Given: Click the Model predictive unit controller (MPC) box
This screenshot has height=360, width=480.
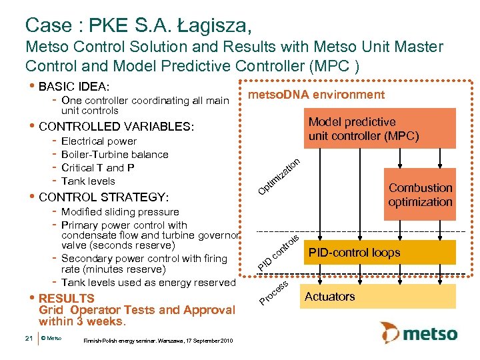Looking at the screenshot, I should click(363, 129).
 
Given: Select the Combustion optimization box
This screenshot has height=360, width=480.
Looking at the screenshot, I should click(420, 195).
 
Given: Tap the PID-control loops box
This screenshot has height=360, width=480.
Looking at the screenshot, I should click(363, 252).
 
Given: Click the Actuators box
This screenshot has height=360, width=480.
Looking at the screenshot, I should click(363, 297).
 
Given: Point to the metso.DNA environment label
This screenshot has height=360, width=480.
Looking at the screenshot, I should click(316, 95).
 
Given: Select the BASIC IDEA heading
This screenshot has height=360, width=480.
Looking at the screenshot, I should click(74, 87).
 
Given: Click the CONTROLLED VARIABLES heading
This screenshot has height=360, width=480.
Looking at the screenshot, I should click(117, 127).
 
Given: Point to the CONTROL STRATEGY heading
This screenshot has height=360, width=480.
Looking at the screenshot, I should click(104, 197).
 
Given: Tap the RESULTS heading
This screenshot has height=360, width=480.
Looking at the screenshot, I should click(67, 298).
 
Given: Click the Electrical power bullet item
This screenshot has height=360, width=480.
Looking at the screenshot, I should click(99, 141).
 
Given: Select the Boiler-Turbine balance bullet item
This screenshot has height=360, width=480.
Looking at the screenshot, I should click(114, 155).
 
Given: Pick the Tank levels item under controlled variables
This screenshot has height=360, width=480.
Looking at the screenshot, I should click(88, 181).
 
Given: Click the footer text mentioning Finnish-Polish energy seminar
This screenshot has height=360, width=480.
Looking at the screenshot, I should click(157, 341).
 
